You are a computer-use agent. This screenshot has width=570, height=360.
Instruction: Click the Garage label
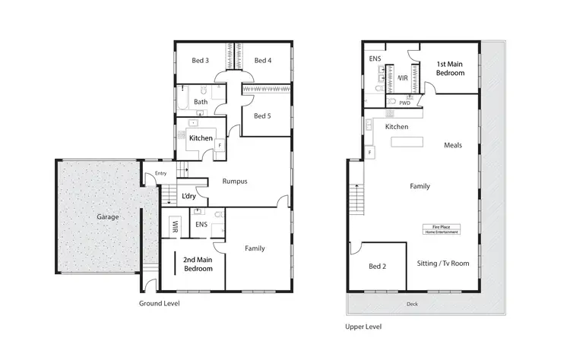click(107, 216)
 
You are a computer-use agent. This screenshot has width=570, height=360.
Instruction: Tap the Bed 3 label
click(201, 60)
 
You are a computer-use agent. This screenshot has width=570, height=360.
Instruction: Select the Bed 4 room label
click(262, 60)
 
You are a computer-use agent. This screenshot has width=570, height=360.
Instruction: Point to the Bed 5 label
click(261, 115)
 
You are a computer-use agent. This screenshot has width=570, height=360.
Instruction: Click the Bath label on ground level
click(201, 101)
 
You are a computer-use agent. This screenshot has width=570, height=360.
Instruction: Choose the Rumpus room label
click(236, 181)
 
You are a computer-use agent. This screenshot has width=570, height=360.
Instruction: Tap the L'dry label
click(189, 197)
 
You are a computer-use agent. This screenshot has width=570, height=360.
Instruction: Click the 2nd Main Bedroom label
click(198, 264)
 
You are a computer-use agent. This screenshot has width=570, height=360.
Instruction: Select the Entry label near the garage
click(160, 173)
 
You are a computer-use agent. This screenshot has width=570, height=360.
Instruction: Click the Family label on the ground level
click(255, 248)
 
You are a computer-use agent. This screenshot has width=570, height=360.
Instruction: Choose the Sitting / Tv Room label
click(443, 263)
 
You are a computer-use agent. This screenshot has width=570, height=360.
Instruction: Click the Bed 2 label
click(378, 267)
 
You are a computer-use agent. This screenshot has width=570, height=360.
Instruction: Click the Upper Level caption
click(363, 327)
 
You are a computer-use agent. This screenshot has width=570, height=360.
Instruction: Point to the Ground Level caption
click(159, 303)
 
